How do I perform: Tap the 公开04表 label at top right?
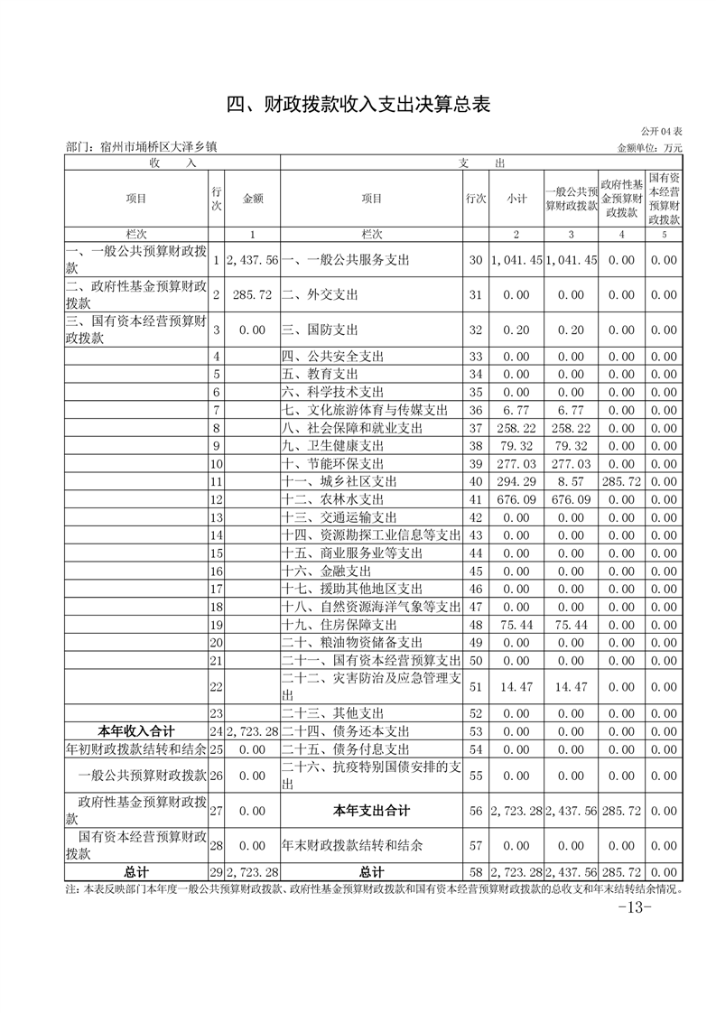663,132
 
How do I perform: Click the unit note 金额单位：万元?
650,147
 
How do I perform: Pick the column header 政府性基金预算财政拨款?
621,199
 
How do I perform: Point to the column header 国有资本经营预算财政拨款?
664,199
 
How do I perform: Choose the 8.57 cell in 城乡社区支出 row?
571,481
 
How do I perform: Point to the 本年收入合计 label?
135,731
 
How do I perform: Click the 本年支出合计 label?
371,811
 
